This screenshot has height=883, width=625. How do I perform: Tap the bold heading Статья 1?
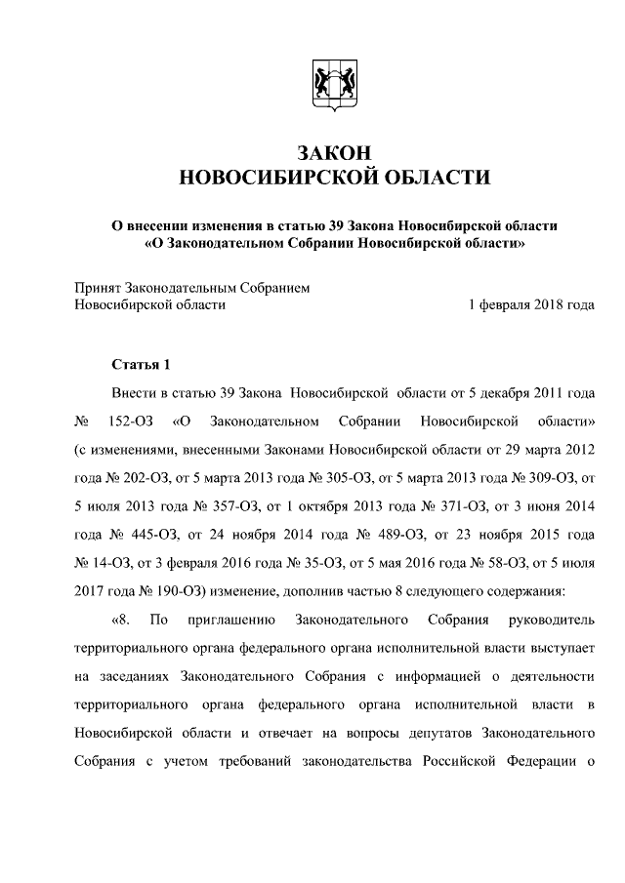(141, 365)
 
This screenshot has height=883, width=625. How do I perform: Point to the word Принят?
(97, 288)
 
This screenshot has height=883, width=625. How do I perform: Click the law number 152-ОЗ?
(123, 421)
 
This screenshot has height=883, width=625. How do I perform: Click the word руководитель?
(552, 620)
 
